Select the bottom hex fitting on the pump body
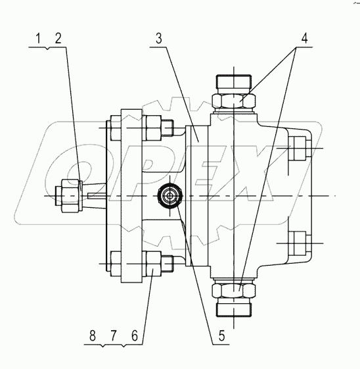click(233, 290)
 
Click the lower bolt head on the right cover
click(298, 243)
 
